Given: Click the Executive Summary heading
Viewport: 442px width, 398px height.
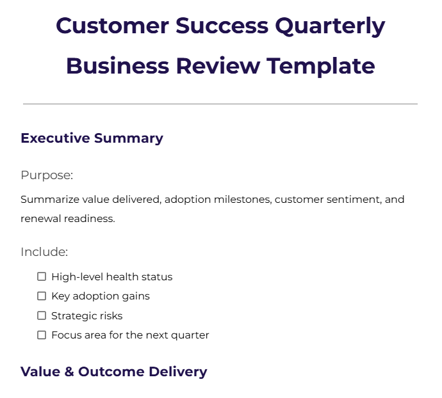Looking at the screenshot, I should coord(92,138).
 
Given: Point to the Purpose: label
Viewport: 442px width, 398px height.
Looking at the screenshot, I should coord(47,175).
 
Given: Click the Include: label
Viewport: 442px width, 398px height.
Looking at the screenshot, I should coord(44,252).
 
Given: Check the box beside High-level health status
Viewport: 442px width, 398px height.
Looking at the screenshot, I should coord(42,277).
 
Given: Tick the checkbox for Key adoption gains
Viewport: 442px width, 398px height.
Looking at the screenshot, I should coord(42,296).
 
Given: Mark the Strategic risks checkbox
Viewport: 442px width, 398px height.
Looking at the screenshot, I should coord(42,315).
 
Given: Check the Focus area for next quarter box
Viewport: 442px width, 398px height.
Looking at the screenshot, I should coord(42,335).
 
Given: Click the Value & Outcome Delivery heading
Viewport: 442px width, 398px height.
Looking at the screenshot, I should coord(113,372).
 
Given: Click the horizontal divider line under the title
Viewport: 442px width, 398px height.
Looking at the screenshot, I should coord(220,104).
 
